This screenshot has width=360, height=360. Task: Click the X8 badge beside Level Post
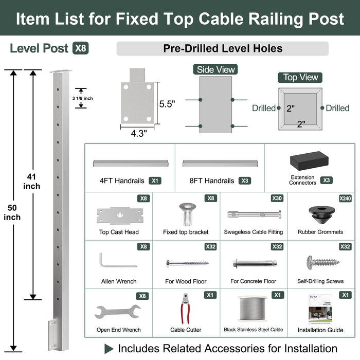coord(80,49)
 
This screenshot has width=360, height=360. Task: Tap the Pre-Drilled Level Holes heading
coord(222,49)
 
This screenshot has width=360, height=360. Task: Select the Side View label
coord(215,69)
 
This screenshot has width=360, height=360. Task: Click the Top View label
coord(301,77)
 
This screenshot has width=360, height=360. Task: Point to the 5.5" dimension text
coord(167,103)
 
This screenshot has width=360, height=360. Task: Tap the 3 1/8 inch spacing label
coord(82,98)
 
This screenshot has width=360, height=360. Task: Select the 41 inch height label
coord(32,181)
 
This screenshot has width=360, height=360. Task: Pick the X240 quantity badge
coord(345,198)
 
